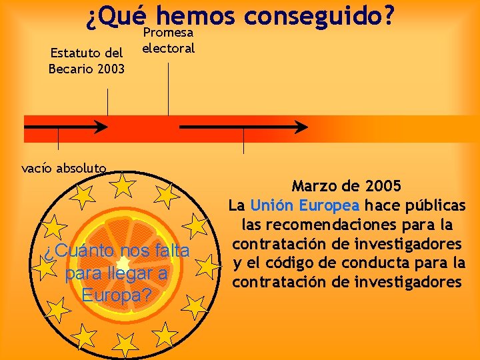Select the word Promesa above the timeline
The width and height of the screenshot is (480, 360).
(169, 32)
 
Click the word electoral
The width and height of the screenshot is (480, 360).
(169, 48)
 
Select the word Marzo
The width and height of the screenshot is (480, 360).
(317, 185)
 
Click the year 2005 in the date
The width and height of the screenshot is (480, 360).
(383, 185)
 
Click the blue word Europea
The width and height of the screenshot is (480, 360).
(329, 204)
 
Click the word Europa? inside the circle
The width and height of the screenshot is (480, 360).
(117, 295)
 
